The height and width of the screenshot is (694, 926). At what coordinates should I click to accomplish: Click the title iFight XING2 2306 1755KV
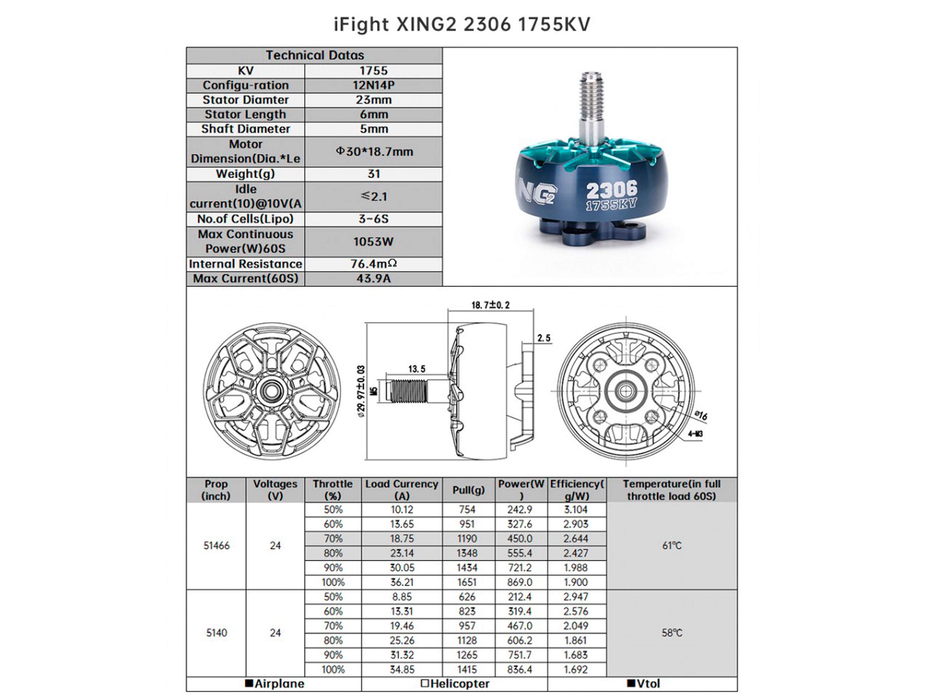point(462,24)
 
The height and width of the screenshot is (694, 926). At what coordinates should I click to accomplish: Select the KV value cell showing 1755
point(373,71)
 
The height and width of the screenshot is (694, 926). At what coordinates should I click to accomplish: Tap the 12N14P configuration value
point(373,85)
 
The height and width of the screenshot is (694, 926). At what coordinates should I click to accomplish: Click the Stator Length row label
point(245,114)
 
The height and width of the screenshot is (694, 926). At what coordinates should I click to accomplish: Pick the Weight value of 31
point(373,174)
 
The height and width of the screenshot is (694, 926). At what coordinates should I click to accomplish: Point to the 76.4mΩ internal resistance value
point(373,264)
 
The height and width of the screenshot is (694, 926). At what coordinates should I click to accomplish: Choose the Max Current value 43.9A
point(373,278)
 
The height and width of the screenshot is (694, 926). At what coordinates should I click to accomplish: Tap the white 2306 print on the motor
point(611,190)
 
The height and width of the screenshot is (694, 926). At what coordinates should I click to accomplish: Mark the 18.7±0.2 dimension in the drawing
point(491,305)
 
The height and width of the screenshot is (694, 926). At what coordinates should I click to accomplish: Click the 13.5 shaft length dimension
point(416,369)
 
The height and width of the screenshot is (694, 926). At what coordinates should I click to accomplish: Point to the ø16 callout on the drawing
point(701,415)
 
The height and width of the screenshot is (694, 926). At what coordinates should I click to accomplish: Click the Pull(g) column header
point(469,490)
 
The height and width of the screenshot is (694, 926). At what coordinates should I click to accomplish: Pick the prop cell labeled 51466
point(216,545)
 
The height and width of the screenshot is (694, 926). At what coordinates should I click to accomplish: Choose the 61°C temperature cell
point(671,545)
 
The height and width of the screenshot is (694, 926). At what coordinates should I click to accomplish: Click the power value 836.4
point(519,669)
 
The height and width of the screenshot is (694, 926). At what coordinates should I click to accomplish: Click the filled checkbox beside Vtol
point(631,683)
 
